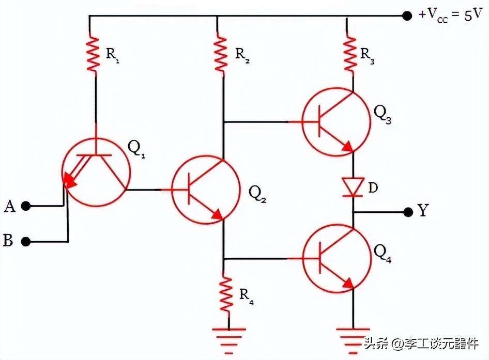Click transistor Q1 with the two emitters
click(x=93, y=171)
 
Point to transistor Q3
click(x=335, y=122)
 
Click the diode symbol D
click(x=354, y=186)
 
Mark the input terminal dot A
click(x=26, y=207)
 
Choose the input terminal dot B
click(x=26, y=241)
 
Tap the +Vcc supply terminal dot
click(x=407, y=15)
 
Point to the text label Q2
click(x=257, y=193)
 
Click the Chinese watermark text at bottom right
click(x=421, y=343)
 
